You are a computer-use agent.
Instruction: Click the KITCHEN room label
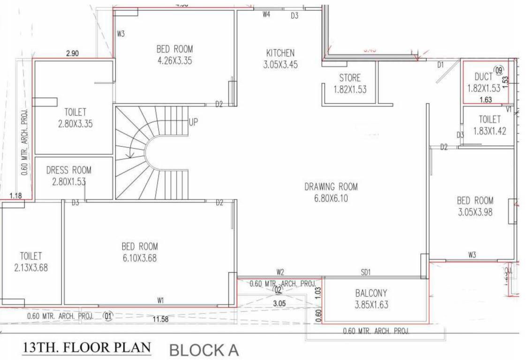280,52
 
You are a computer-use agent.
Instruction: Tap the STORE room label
350,78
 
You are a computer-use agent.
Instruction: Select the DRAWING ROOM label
331,187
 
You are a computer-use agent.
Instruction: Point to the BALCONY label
371,294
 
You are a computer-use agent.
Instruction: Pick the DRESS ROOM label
69,170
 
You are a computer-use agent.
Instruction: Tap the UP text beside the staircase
193,123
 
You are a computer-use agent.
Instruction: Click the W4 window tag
266,15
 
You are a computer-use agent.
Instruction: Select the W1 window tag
161,300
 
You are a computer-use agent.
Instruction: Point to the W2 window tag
280,272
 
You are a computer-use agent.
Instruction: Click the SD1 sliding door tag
366,272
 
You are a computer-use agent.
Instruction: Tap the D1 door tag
440,65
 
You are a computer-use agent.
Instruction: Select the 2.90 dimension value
72,53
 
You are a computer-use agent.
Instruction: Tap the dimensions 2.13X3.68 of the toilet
31,268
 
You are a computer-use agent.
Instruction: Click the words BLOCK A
204,350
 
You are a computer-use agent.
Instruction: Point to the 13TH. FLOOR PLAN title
87,348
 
